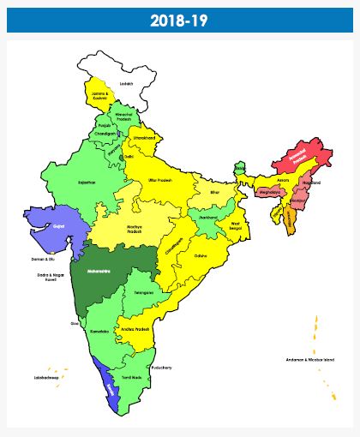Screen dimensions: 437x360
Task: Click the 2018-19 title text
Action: coord(180,20)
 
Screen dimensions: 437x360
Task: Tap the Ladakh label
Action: coord(127,84)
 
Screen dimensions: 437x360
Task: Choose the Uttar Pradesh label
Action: coord(160,182)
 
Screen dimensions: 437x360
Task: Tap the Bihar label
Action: coord(215,193)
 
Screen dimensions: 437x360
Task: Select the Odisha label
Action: coord(201,255)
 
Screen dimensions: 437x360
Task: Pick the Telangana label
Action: coord(145,293)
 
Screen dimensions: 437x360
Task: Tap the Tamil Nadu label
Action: coord(130,377)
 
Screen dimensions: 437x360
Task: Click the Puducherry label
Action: coord(161,368)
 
